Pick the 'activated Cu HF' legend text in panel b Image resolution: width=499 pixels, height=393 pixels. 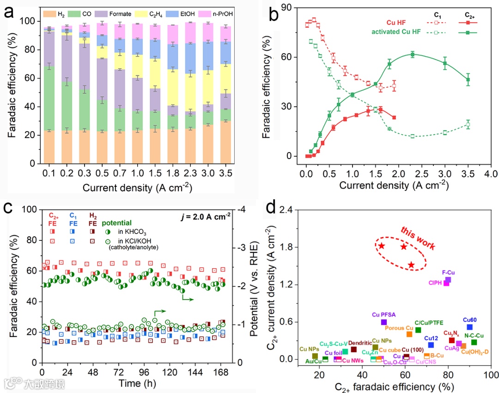[x=396, y=32]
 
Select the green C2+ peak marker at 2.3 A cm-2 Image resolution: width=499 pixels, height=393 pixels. [x=412, y=55]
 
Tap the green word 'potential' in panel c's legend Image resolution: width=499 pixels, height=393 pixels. [x=116, y=222]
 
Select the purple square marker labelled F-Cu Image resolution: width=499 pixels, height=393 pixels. [x=448, y=280]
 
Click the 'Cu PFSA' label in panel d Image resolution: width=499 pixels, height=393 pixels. [x=383, y=314]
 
